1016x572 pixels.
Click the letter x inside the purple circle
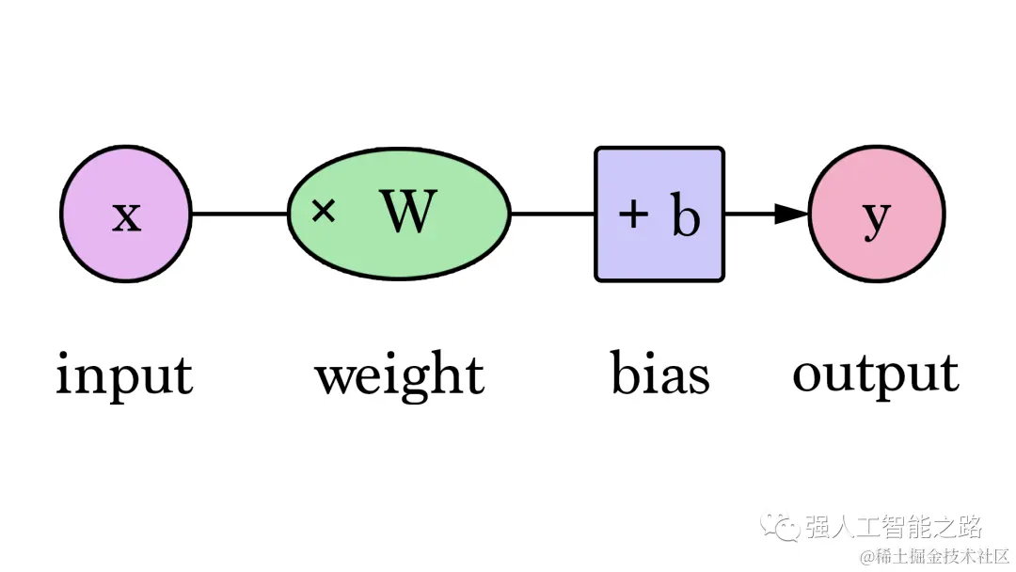click(x=126, y=216)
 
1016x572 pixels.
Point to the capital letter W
click(x=410, y=213)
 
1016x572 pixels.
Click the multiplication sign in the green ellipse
click(x=323, y=212)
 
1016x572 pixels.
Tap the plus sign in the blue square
click(x=633, y=215)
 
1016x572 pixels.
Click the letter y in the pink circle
click(x=876, y=217)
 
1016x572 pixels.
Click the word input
click(x=124, y=374)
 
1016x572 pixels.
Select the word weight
click(x=399, y=376)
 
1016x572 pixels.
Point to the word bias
click(x=659, y=373)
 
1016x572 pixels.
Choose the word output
click(x=875, y=374)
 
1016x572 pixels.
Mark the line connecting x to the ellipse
click(x=239, y=214)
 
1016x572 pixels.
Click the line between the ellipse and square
click(x=552, y=214)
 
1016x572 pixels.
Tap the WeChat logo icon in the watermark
click(x=780, y=526)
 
